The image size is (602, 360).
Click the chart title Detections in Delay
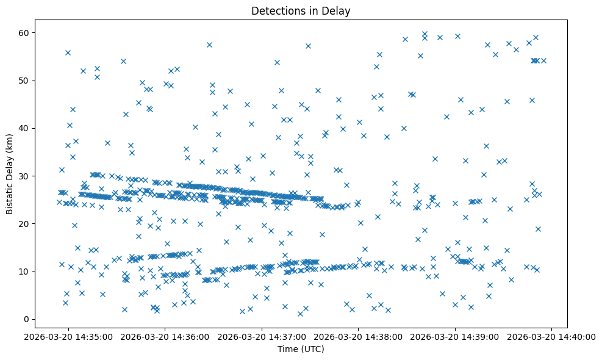(301, 11)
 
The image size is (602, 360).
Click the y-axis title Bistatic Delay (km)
(10, 173)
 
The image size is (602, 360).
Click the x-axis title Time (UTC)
(301, 350)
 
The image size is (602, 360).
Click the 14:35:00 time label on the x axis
(68, 336)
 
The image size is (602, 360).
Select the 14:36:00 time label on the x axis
(165, 336)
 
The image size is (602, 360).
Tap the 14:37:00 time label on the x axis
(262, 336)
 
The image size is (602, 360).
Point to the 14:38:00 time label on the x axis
(359, 336)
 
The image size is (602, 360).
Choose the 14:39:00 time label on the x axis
(456, 336)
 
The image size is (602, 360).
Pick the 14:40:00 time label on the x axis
(552, 336)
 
